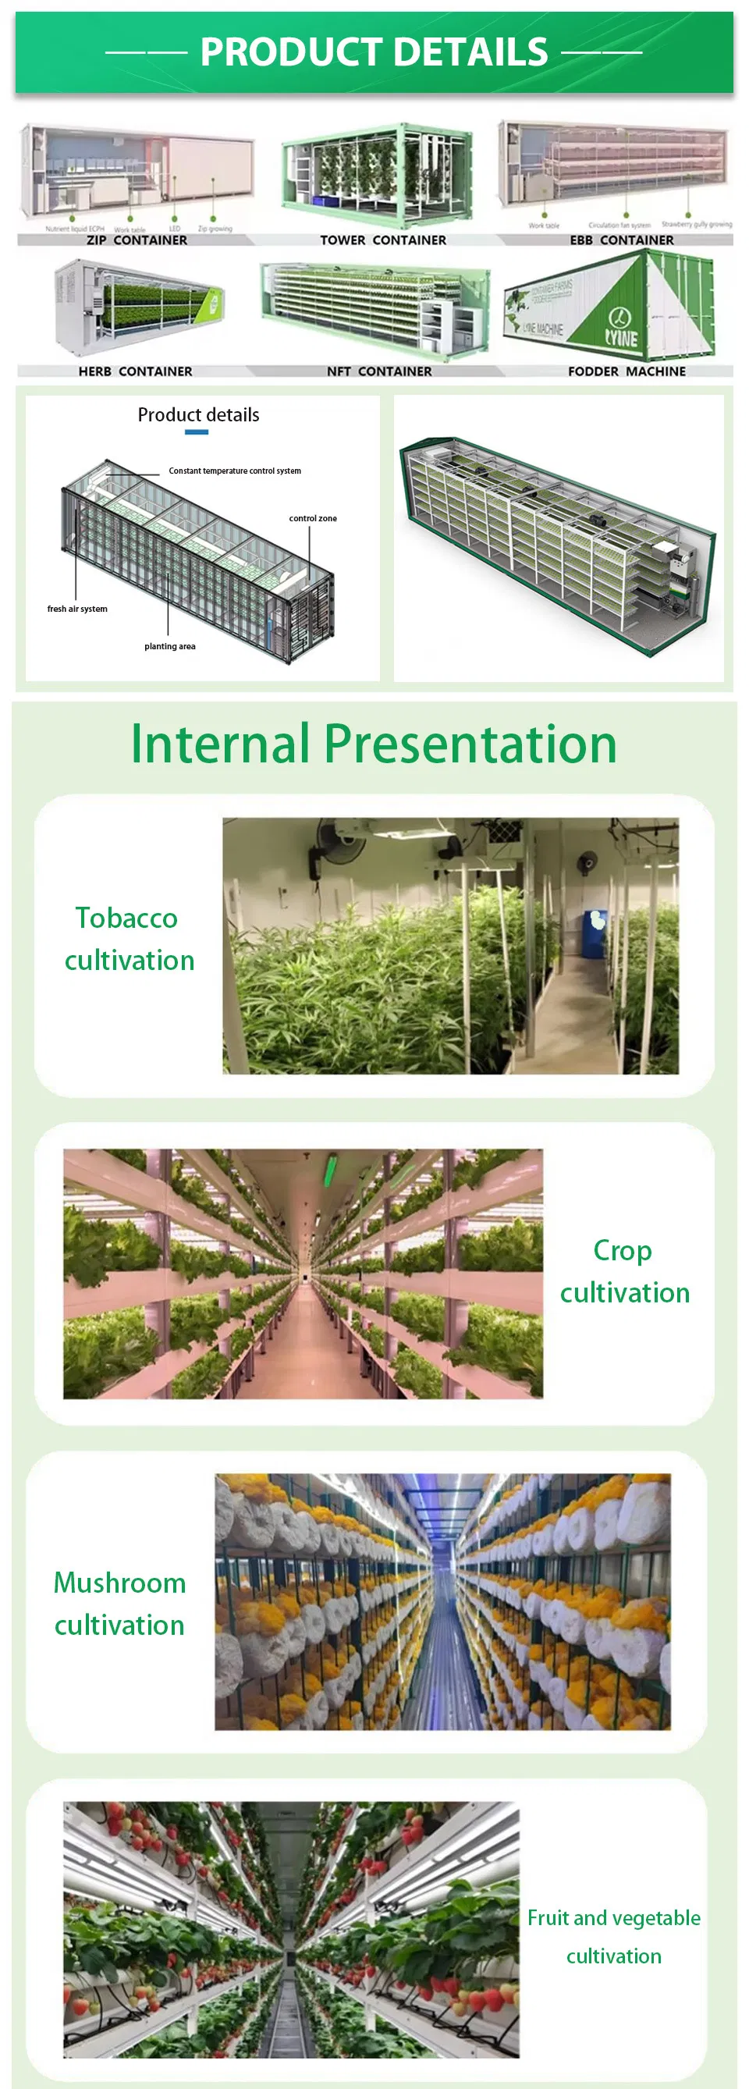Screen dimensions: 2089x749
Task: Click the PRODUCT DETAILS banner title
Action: [x=374, y=52]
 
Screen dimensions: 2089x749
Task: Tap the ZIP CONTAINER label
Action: [x=137, y=240]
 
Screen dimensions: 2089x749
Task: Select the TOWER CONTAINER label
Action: [x=382, y=240]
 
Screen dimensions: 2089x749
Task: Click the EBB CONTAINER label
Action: [x=621, y=240]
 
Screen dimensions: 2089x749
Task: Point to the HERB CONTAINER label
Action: [x=136, y=371]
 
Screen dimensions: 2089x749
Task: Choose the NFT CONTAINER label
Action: [x=379, y=371]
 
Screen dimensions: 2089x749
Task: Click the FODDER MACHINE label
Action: [x=627, y=371]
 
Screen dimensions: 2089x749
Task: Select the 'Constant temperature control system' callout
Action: [x=234, y=471]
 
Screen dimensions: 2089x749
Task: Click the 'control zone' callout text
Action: [x=313, y=519]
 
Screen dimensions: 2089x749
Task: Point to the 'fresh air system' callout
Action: [x=77, y=609]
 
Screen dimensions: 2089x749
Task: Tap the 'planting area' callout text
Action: [x=169, y=646]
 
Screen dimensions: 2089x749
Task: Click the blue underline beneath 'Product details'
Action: [x=197, y=432]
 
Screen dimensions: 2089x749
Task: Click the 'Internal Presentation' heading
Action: [x=374, y=744]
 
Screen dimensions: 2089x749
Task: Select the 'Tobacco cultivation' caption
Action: [x=129, y=939]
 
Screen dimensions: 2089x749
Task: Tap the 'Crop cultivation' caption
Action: [x=624, y=1271]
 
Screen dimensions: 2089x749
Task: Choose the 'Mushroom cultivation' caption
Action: [x=120, y=1604]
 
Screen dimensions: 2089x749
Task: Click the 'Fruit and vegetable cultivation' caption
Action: [x=613, y=1937]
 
